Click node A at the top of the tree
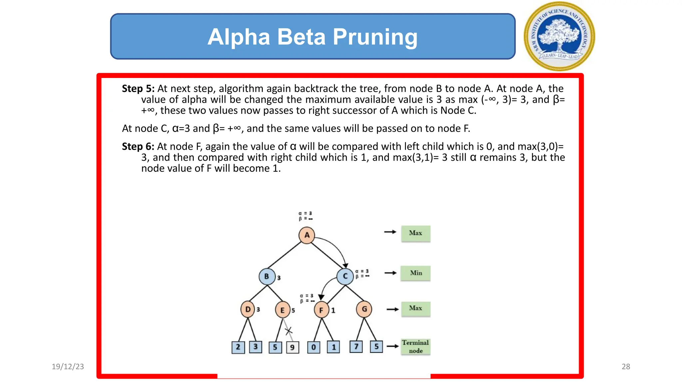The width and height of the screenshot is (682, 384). pyautogui.click(x=307, y=235)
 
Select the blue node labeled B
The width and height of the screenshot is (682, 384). pyautogui.click(x=267, y=276)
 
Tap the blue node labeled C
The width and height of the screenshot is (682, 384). pyautogui.click(x=345, y=276)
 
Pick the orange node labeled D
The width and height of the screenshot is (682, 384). pyautogui.click(x=248, y=309)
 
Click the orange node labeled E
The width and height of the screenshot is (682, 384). pyautogui.click(x=282, y=310)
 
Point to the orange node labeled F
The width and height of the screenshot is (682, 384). pyautogui.click(x=321, y=310)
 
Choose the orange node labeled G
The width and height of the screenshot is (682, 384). pyautogui.click(x=364, y=309)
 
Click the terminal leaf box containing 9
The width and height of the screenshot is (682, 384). pyautogui.click(x=292, y=347)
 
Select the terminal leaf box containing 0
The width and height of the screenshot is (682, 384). pyautogui.click(x=313, y=347)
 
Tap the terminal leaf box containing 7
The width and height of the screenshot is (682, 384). pyautogui.click(x=356, y=347)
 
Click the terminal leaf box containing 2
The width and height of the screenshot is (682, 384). pyautogui.click(x=238, y=347)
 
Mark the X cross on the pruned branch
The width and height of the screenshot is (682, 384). pyautogui.click(x=288, y=331)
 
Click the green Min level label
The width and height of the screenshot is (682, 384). pyautogui.click(x=416, y=273)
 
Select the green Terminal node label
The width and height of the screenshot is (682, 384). pyautogui.click(x=415, y=347)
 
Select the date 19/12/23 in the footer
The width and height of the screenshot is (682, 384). pyautogui.click(x=68, y=367)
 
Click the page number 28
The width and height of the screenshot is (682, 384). pyautogui.click(x=626, y=367)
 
